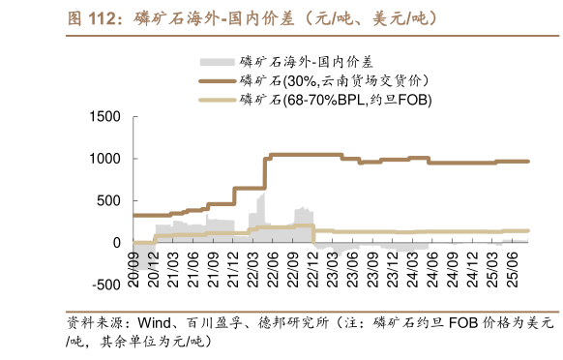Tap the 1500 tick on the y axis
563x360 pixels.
[x=104, y=117]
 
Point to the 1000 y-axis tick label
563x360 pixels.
[x=104, y=159]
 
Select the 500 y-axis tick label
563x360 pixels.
[x=108, y=200]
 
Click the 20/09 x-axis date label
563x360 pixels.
[x=135, y=262]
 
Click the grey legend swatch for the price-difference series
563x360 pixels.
[x=217, y=61]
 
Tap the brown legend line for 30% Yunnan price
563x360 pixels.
[x=217, y=80]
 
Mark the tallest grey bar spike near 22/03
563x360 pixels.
[x=263, y=195]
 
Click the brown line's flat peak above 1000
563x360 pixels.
[x=305, y=154]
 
